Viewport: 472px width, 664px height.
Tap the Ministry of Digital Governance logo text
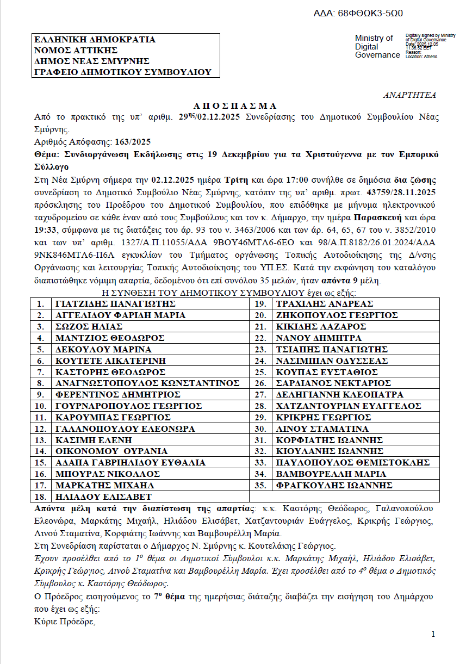377,46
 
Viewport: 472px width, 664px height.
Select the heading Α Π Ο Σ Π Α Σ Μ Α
235,106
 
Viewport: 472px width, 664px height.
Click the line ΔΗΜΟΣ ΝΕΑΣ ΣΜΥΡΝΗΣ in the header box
92,61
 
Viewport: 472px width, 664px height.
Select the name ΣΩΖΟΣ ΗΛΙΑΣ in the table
89,327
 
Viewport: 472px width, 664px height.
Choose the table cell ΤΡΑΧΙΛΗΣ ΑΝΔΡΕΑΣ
325,304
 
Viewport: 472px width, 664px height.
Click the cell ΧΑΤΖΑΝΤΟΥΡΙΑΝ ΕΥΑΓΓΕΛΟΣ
349,406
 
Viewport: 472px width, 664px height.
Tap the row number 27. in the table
260,395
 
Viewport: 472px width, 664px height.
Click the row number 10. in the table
40,406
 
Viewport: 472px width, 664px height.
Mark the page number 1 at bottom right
433,635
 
